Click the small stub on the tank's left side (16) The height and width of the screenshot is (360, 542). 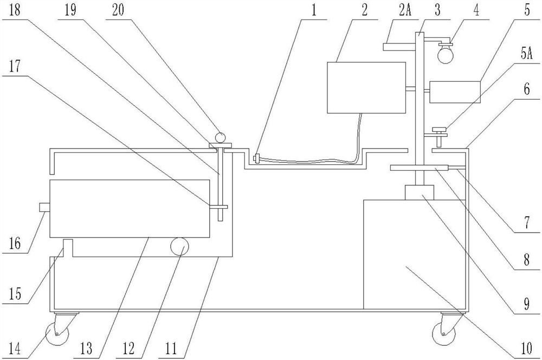pyautogui.click(x=45, y=207)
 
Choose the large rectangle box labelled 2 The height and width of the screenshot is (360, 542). pyautogui.click(x=366, y=87)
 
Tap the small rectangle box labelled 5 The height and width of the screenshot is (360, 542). pyautogui.click(x=455, y=92)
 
